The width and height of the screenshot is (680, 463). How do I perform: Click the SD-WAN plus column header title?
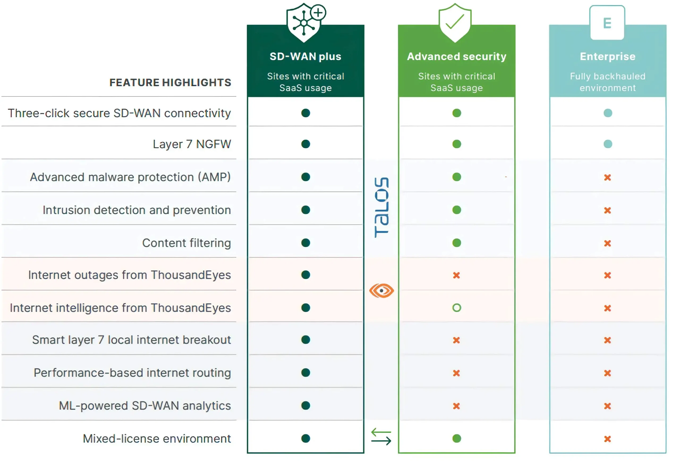(x=305, y=57)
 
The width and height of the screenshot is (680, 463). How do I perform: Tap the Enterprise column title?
(x=608, y=57)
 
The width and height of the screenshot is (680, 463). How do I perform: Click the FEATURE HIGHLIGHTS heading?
(x=170, y=83)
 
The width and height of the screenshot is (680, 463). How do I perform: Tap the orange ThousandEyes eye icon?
(x=381, y=291)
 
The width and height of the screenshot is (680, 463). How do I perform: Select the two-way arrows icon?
(x=381, y=437)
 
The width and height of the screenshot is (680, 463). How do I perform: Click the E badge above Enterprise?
(x=607, y=23)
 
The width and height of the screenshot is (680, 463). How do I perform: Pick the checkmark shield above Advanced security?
(x=455, y=23)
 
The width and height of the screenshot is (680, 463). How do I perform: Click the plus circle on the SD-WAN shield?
(x=318, y=12)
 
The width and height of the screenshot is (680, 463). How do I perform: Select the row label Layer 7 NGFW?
(x=192, y=144)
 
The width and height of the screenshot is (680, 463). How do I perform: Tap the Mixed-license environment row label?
(x=157, y=438)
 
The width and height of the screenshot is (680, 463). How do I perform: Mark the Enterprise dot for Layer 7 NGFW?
(x=608, y=144)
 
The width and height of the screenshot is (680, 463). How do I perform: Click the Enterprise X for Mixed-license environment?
(x=607, y=439)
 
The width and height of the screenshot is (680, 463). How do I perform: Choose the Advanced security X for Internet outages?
(x=456, y=275)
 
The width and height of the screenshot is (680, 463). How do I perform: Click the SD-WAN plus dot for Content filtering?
(x=305, y=243)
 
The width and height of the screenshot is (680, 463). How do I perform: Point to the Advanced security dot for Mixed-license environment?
(x=457, y=438)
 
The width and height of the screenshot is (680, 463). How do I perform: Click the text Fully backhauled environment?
(x=608, y=82)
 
